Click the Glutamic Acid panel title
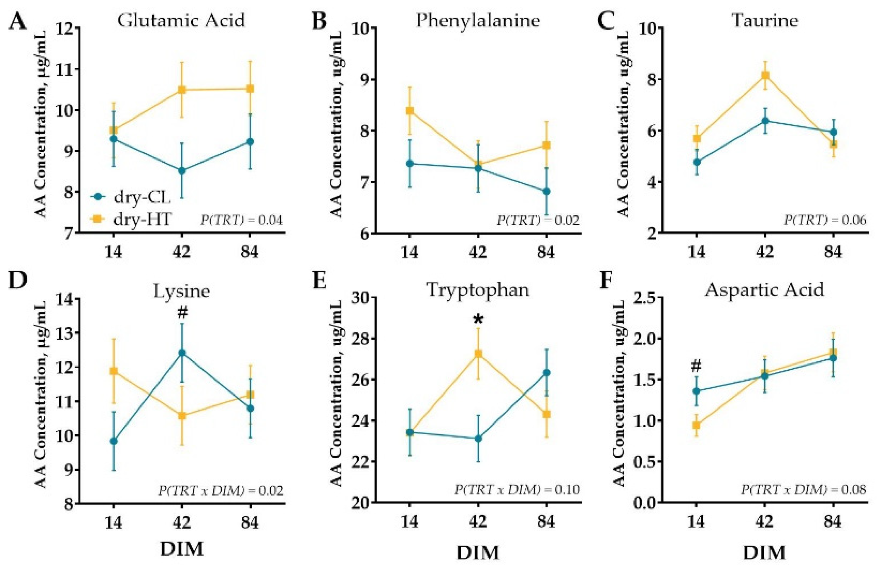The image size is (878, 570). coord(181,20)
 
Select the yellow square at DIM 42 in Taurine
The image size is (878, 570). coord(765,76)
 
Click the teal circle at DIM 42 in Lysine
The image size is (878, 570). coord(182,353)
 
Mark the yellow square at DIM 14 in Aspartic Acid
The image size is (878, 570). coord(696,425)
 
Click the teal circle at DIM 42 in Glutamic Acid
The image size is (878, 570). coord(182,171)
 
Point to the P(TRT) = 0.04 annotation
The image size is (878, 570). coord(242,221)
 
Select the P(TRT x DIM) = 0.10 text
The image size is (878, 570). coord(517,490)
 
